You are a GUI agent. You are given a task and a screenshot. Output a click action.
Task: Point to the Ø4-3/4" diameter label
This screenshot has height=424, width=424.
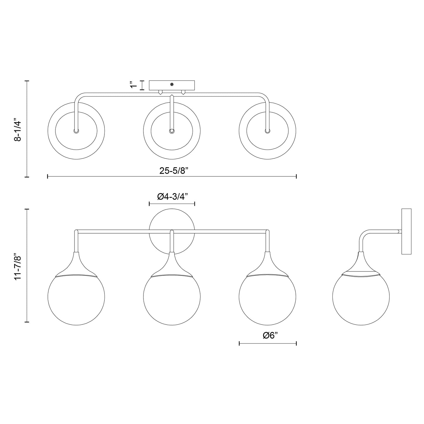[x=172, y=197]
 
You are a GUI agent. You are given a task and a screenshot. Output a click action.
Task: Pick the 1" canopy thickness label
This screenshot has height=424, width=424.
[x=134, y=85]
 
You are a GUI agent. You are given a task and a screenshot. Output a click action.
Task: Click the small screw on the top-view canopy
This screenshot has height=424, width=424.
[x=172, y=85]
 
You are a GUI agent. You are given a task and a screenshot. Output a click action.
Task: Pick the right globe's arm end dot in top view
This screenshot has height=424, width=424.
[x=267, y=131]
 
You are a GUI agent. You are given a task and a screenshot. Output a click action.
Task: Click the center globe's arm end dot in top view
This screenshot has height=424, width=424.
[x=172, y=131]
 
